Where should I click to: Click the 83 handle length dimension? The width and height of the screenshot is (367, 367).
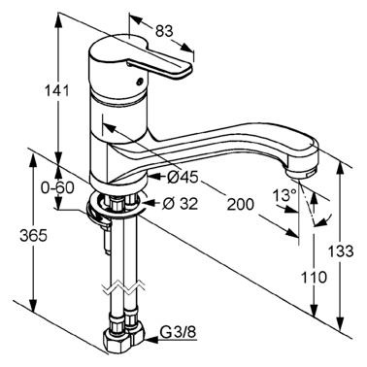pyautogui.click(x=164, y=31)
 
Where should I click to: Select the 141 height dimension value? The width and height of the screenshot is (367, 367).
pyautogui.click(x=58, y=90)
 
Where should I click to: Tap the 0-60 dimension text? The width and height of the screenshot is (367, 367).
pyautogui.click(x=57, y=187)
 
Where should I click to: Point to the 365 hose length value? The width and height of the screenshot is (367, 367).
pyautogui.click(x=33, y=236)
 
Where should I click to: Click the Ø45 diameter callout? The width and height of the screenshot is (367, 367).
pyautogui.click(x=183, y=177)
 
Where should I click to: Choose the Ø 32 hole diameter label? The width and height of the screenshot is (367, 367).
pyautogui.click(x=181, y=203)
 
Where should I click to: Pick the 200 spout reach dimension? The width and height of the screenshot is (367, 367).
pyautogui.click(x=241, y=205)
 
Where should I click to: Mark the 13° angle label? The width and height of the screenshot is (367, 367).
pyautogui.click(x=285, y=195)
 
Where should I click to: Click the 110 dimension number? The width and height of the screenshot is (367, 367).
pyautogui.click(x=314, y=277)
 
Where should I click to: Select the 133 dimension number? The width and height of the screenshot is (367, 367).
pyautogui.click(x=341, y=251)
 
